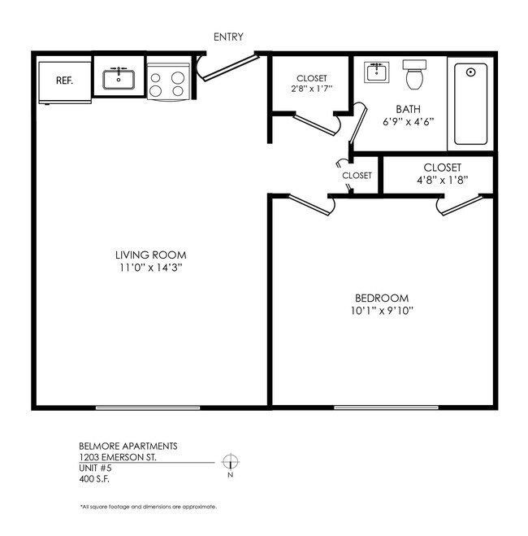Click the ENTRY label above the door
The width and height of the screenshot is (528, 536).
point(227,37)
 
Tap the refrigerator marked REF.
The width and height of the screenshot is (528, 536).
point(65,81)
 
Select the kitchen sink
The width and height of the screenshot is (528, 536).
point(119,79)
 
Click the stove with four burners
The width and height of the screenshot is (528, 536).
point(168,81)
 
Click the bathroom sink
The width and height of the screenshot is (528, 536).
point(376,72)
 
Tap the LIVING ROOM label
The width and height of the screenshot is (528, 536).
point(151,255)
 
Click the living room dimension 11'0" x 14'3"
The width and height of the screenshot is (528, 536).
point(151,268)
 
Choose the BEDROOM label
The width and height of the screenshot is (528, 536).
point(381,298)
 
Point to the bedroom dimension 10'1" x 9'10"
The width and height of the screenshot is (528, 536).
point(381,312)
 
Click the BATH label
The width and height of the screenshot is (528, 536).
point(408,109)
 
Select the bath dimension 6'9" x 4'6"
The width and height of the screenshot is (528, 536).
point(408,123)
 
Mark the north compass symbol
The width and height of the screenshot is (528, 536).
point(231,461)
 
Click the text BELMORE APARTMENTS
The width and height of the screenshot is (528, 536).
point(127,447)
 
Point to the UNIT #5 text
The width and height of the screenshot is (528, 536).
point(94,468)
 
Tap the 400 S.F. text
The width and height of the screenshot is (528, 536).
point(94,478)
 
